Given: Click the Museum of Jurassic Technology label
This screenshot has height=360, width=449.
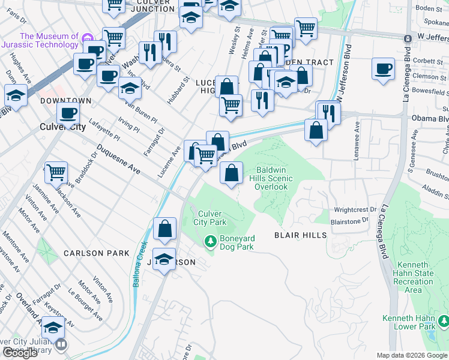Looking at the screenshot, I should click(49, 40).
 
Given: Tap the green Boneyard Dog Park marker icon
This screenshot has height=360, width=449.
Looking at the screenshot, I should click(210, 242).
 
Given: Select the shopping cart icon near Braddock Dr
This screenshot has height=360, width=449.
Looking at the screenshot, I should click(56, 172).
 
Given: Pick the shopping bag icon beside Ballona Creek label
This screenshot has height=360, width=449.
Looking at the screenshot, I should click(164, 229).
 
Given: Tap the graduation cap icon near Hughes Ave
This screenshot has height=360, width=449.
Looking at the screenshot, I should click(15, 95).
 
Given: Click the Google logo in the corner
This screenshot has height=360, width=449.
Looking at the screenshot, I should click(20, 353).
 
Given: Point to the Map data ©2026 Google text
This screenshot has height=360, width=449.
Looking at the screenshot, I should click(412, 355).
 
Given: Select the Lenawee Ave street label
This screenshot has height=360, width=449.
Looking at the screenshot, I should click(357, 136).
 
